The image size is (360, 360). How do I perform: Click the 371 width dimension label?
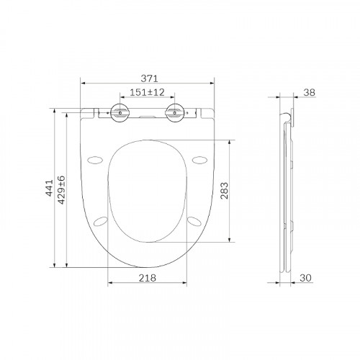coord(149,78)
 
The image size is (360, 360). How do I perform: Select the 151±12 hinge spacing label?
coord(147,92)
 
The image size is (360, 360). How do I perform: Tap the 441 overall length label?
coord(50,188)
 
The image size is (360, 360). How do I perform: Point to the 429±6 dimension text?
coord(61,190)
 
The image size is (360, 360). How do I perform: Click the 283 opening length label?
coord(225,191)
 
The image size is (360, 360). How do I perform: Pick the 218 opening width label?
coord(148,278)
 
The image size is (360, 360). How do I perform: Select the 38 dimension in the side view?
coord(309,92)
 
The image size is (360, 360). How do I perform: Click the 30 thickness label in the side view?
coord(305,278)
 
